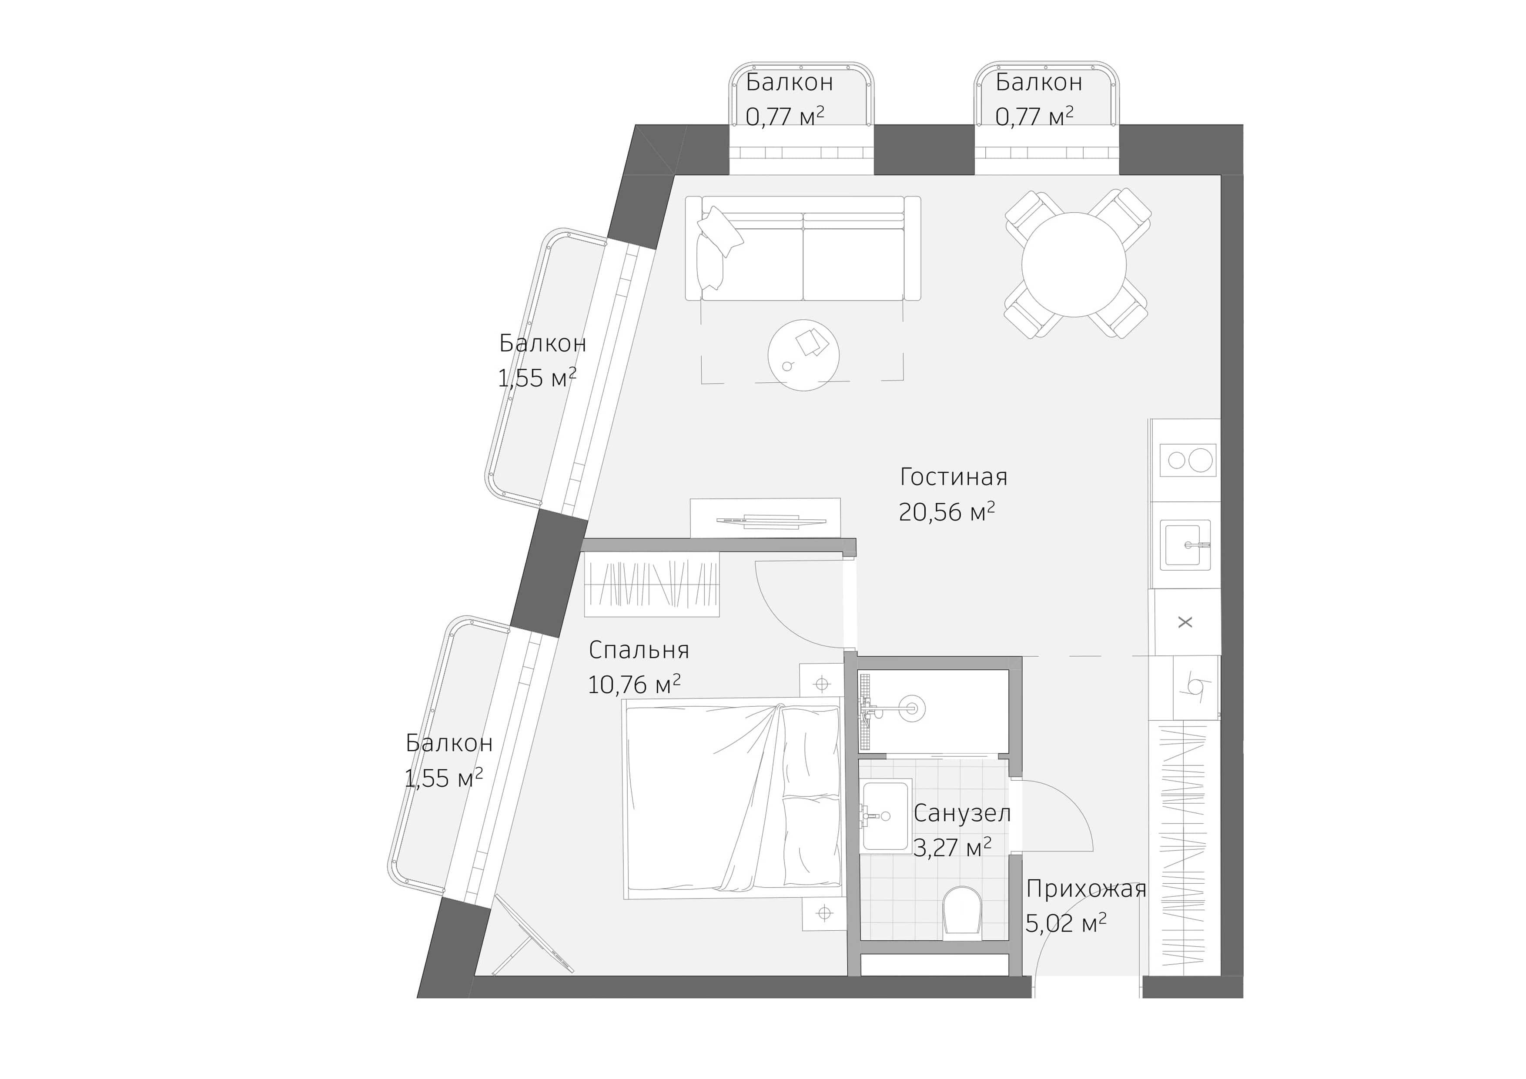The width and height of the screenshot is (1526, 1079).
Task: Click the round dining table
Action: [1074, 264]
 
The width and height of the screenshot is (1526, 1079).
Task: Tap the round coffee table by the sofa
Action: [803, 355]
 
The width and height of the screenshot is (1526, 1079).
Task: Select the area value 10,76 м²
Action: [633, 685]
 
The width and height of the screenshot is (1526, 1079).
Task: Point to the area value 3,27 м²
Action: [952, 848]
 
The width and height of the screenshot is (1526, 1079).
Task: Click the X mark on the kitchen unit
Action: [1185, 622]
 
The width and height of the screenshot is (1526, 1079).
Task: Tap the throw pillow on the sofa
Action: [720, 230]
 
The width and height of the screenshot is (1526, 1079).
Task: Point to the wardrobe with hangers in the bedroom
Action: [651, 584]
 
